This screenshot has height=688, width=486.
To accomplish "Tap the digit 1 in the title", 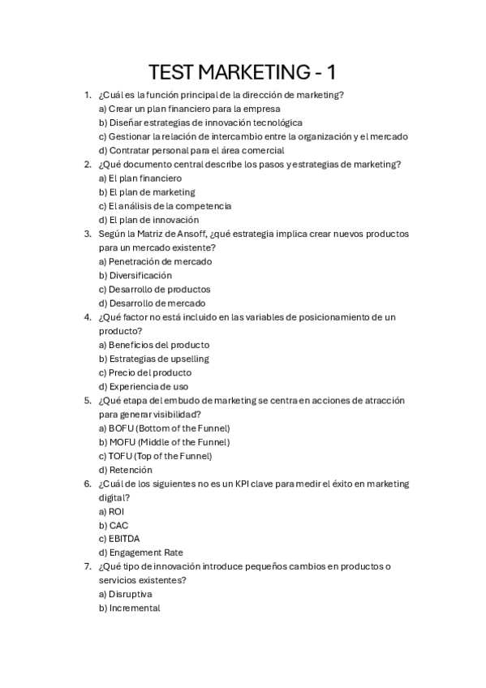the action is pos(331,72).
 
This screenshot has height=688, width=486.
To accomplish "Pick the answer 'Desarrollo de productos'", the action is pos(154,289).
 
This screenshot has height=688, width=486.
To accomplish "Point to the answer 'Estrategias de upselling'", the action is pos(153,359).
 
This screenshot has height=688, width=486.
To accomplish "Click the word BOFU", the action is pos(120,428).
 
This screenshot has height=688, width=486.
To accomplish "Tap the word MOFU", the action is pos(121,442).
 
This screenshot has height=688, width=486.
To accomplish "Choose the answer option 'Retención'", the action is pos(130,470).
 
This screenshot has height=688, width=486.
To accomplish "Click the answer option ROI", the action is pos(116,511).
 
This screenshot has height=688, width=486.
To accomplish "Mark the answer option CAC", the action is pos(118,525).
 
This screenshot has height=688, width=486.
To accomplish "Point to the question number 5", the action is pos(88,401).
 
